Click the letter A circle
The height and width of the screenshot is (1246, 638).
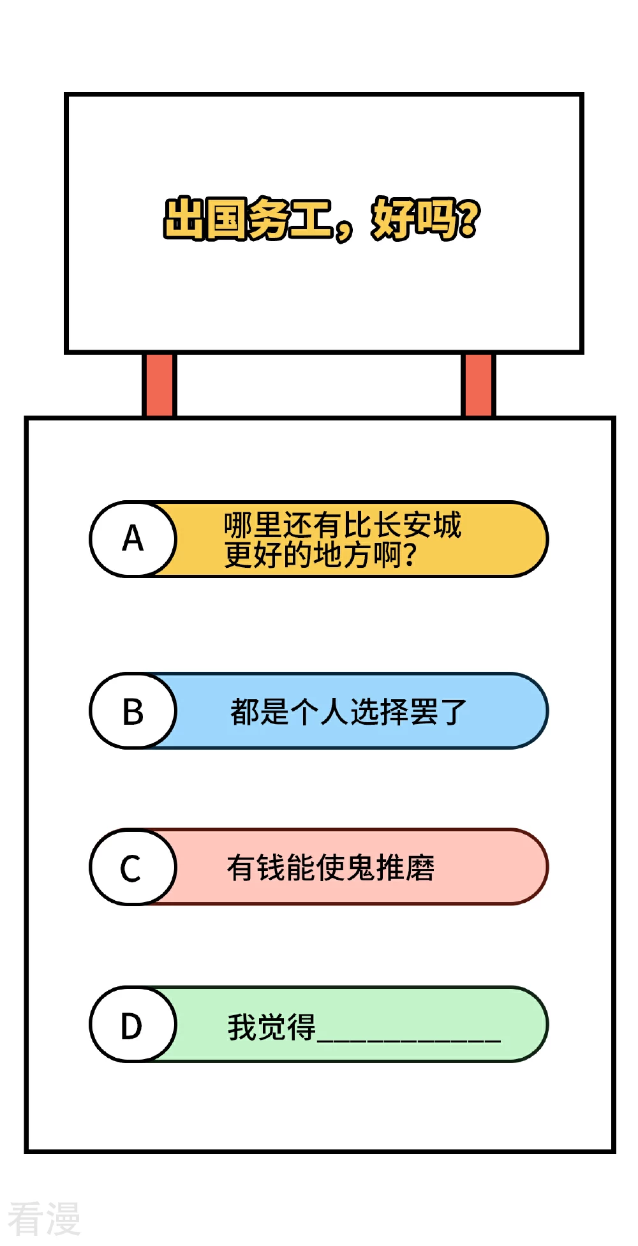pos(133,539)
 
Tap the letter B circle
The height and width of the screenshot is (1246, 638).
pos(133,711)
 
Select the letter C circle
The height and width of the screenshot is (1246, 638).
pos(133,867)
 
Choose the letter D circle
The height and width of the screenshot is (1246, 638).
pos(133,1025)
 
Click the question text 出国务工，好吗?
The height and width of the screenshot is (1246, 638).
pos(322,219)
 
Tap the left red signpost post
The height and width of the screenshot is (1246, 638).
pos(159,385)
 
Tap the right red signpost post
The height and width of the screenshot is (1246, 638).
pos(478,385)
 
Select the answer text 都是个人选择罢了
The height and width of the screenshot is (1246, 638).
pos(348,711)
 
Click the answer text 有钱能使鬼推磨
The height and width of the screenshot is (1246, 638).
pos(330,868)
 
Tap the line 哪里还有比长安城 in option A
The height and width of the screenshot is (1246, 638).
pos(343,525)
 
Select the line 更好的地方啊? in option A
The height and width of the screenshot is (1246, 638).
pos(320,554)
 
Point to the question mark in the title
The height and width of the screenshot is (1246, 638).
pos(469,218)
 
